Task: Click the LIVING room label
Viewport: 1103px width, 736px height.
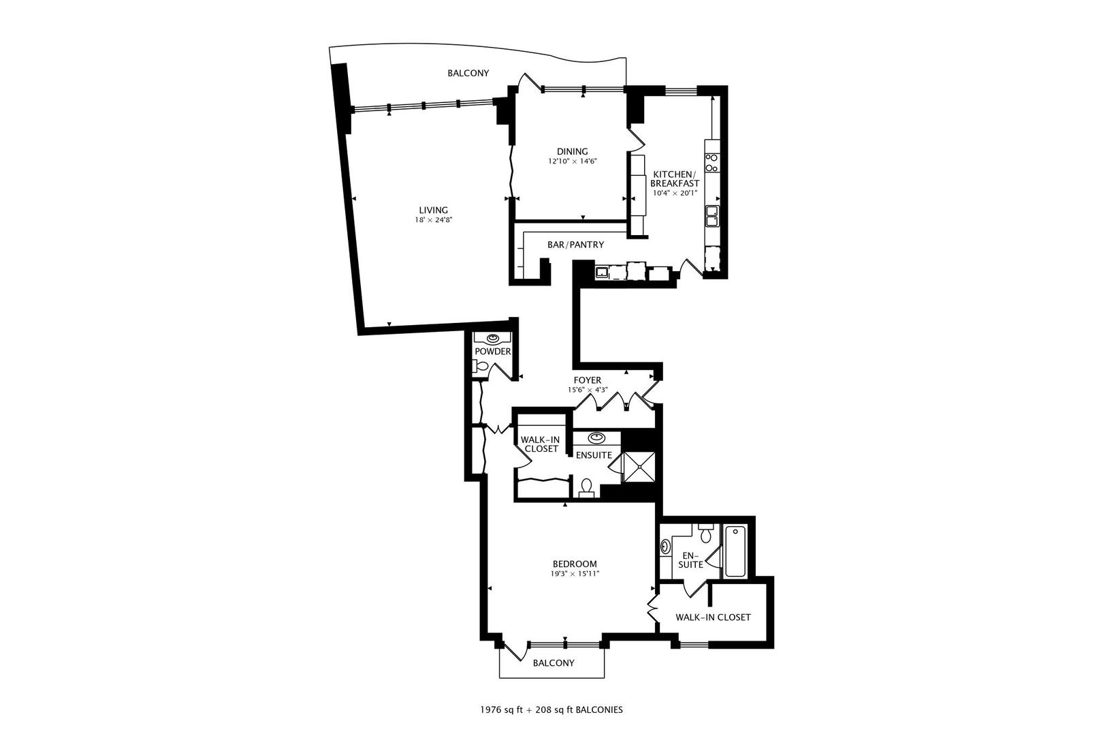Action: [433, 210]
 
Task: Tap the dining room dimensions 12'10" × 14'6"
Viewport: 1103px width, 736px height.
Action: [572, 162]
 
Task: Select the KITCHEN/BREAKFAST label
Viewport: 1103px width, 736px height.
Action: [675, 179]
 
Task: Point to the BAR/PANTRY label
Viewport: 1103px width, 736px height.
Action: [575, 245]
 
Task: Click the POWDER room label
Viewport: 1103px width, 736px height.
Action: [492, 352]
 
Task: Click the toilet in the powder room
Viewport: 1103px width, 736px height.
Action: [480, 367]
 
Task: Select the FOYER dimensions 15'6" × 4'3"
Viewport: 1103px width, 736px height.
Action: [587, 390]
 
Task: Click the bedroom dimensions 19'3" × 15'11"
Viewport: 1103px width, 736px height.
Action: [574, 574]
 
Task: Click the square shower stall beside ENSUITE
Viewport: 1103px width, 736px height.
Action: [640, 467]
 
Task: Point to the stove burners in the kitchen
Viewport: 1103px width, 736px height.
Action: [712, 162]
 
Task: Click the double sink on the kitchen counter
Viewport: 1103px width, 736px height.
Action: [712, 216]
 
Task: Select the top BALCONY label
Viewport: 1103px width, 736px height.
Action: [468, 74]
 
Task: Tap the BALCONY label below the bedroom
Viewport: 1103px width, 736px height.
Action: [553, 663]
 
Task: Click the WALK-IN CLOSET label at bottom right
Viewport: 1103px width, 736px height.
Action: [712, 617]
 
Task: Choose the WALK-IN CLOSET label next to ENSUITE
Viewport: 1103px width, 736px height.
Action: [541, 444]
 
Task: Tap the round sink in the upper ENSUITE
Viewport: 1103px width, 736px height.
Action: [597, 437]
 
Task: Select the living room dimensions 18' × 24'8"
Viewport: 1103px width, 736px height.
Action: [434, 220]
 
